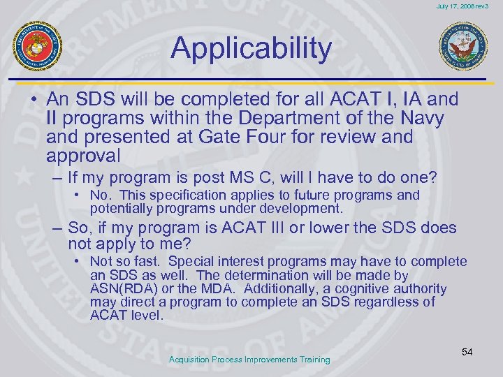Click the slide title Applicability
pyautogui.click(x=251, y=48)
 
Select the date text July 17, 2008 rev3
pyautogui.click(x=463, y=6)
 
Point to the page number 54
pyautogui.click(x=467, y=352)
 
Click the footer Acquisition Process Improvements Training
pyautogui.click(x=249, y=360)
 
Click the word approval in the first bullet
pyautogui.click(x=84, y=155)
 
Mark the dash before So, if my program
pyautogui.click(x=56, y=228)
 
